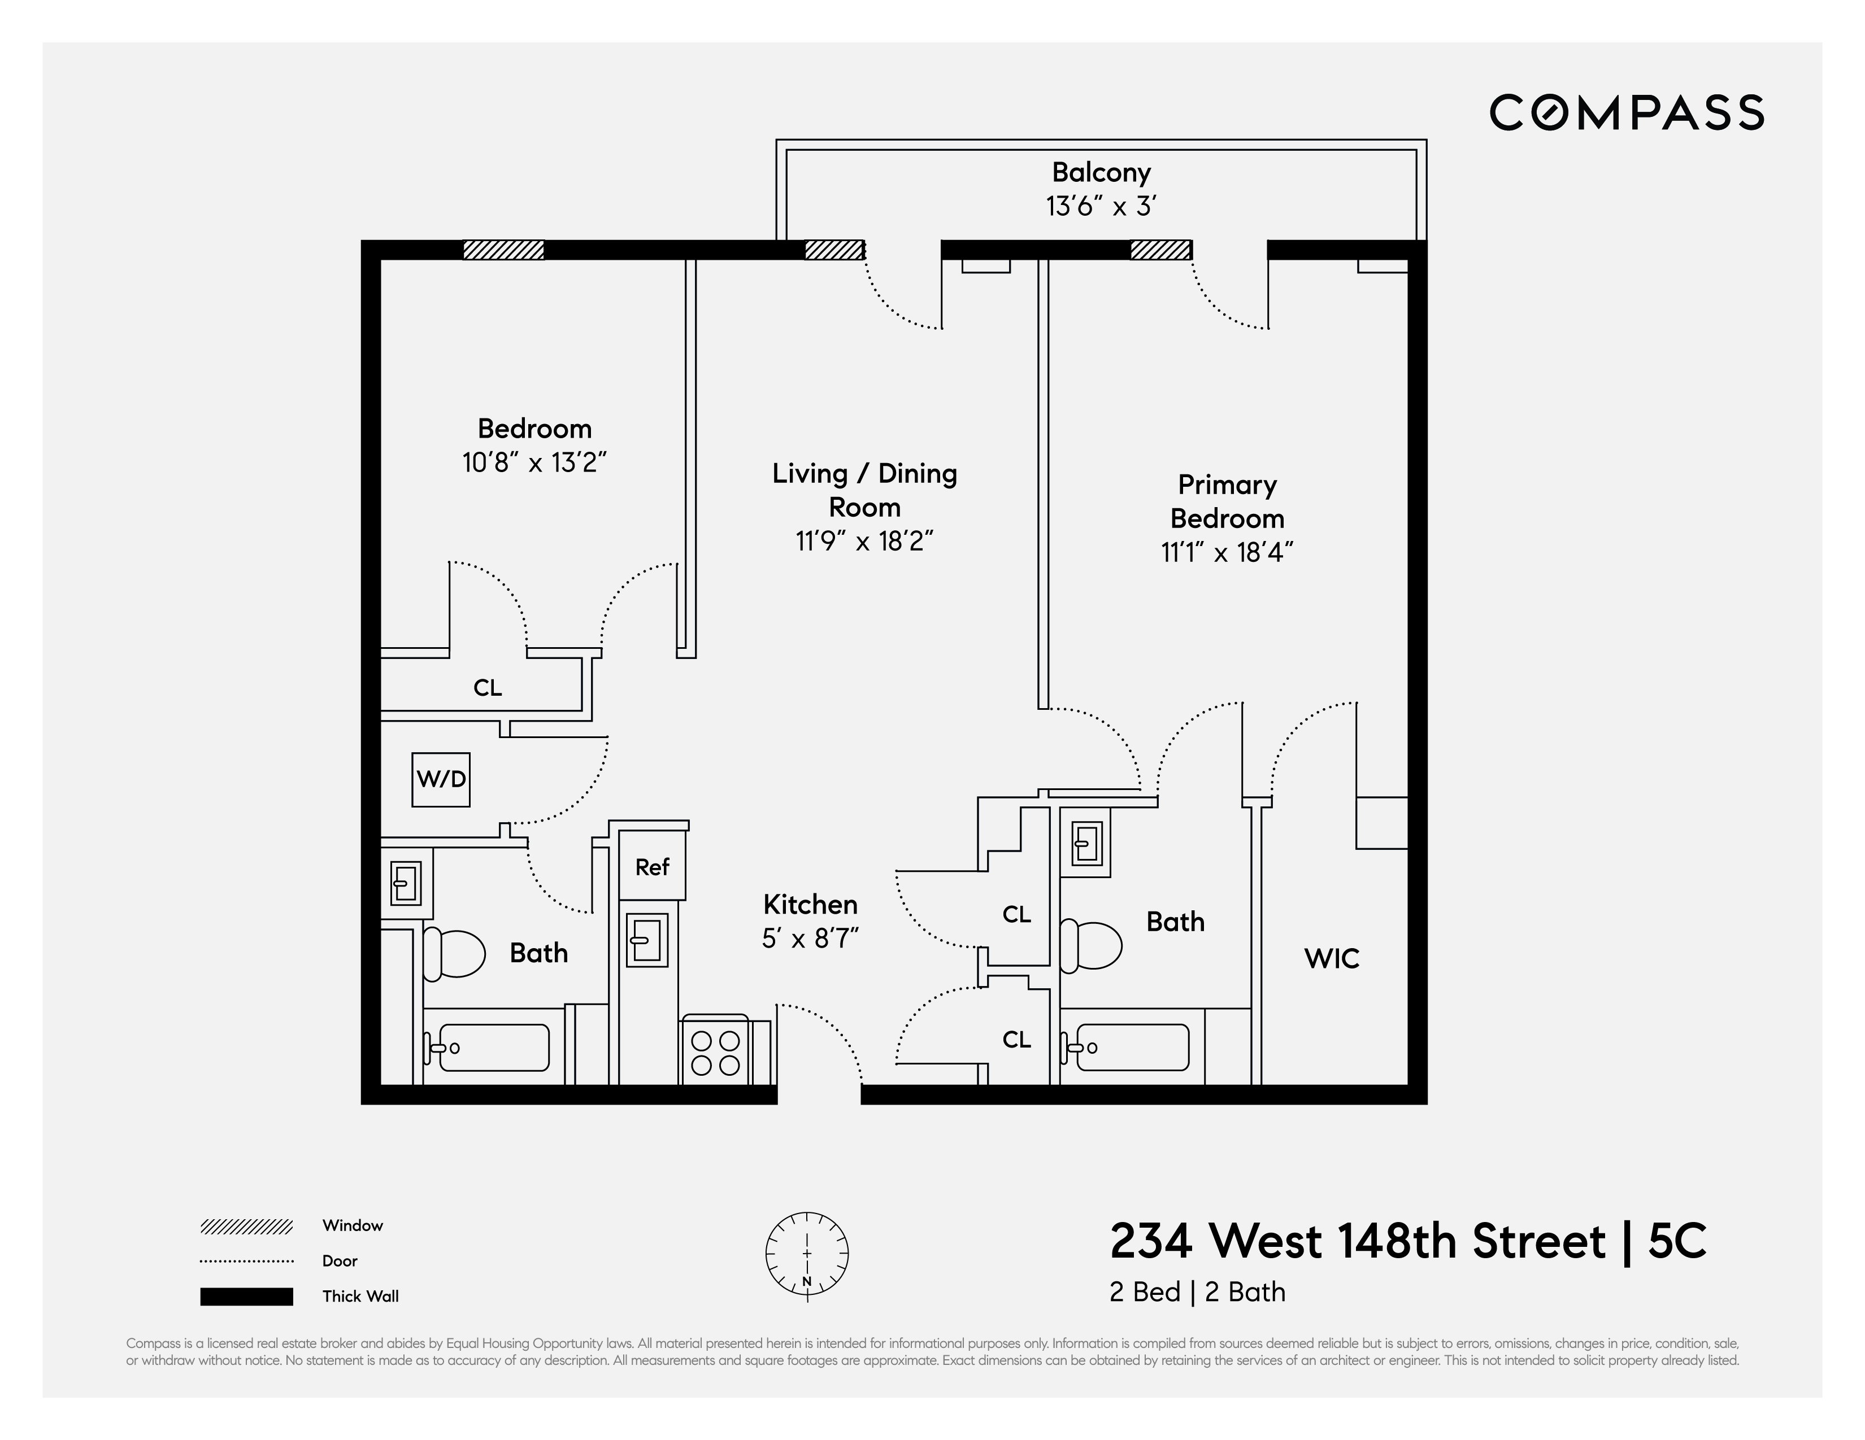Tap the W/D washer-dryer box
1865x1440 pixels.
coord(441,779)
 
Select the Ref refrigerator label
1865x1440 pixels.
coord(651,867)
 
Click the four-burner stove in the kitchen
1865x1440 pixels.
coord(715,1053)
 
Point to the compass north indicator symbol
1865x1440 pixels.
coord(807,1254)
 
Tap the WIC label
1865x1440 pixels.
coord(1331,958)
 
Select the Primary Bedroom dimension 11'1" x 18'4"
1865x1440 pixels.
coord(1226,553)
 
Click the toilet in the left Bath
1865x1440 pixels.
coord(454,953)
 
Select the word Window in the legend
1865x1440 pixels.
coord(352,1226)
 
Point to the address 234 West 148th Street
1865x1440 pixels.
coord(1357,1241)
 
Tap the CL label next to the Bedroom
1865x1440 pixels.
coord(488,688)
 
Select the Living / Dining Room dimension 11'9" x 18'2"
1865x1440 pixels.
coord(864,541)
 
